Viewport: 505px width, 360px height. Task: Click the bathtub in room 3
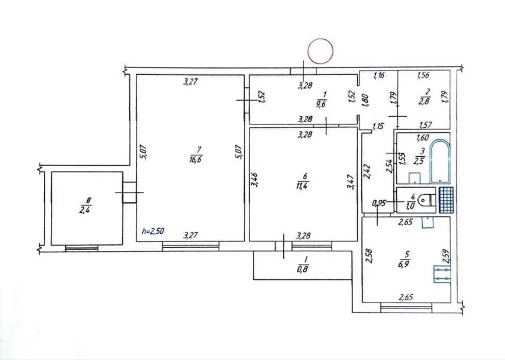tap(440, 161)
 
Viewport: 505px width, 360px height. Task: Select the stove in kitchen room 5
tap(442, 274)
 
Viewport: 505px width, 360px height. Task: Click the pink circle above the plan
tap(320, 51)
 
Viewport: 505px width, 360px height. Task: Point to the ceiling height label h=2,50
tap(153, 231)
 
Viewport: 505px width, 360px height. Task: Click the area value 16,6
tap(196, 159)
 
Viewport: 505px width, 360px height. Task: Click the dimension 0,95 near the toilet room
tap(379, 203)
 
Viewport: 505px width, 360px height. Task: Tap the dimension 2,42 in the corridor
tap(368, 171)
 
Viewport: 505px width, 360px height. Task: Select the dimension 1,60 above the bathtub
tap(423, 138)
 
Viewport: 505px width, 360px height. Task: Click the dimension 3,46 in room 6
tap(254, 180)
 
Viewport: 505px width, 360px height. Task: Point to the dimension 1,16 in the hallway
tap(379, 76)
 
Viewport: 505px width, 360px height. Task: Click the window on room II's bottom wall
tap(81, 248)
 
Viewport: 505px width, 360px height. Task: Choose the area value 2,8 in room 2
tap(425, 102)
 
